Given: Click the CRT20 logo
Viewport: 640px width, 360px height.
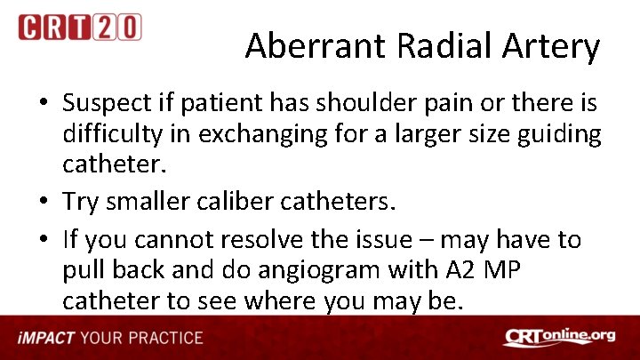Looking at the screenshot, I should pyautogui.click(x=79, y=27).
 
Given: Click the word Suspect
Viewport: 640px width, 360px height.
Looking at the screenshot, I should pyautogui.click(x=105, y=104).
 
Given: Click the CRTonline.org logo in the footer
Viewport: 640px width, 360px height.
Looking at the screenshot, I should pyautogui.click(x=561, y=338).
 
